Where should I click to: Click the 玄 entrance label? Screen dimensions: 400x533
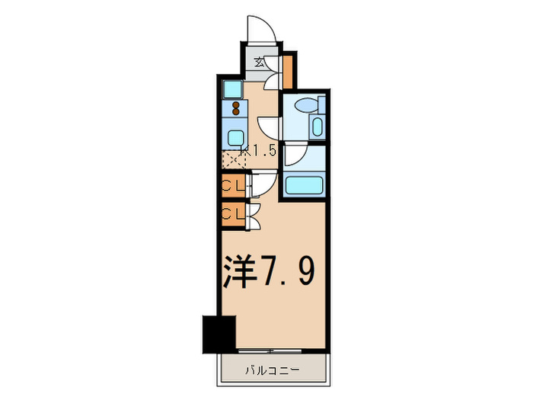tap(259, 63)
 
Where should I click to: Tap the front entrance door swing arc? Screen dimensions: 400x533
tap(263, 32)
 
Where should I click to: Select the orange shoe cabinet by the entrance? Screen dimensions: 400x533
tap(288, 69)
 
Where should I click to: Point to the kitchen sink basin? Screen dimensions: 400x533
tap(235, 136)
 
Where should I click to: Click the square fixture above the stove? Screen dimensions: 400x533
tap(232, 90)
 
